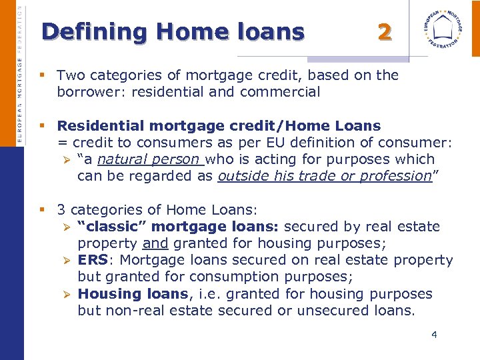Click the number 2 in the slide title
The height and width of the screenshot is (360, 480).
[x=383, y=31]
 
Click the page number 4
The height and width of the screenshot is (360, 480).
[x=434, y=335]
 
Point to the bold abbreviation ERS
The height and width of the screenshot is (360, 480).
[x=91, y=260]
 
